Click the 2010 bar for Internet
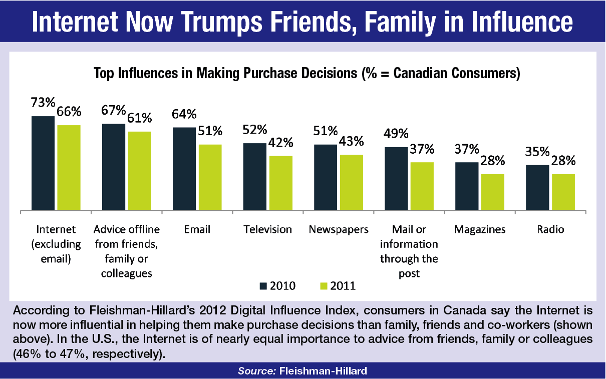(43, 163)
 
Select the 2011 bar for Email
(210, 177)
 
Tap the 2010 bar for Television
(255, 177)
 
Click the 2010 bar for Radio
(538, 187)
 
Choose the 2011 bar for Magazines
(492, 192)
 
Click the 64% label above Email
(184, 115)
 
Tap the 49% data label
(396, 134)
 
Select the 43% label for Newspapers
(351, 142)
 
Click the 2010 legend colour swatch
(263, 286)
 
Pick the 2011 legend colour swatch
(324, 286)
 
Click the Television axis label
(267, 229)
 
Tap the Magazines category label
(479, 229)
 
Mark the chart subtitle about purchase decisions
(307, 74)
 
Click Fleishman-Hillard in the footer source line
(324, 371)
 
